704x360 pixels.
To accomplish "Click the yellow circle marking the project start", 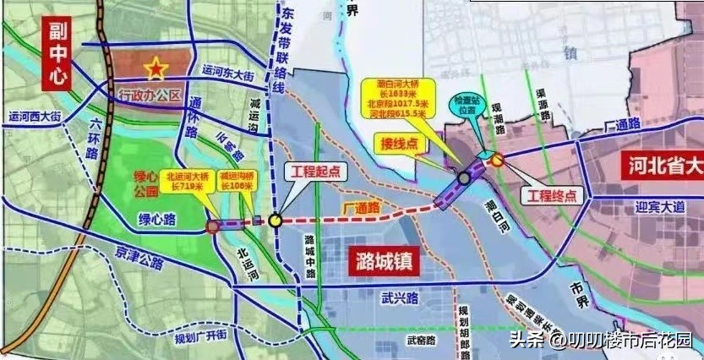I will (276, 221).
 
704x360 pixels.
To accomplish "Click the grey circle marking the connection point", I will (464, 178).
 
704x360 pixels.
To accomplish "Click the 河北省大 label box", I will (660, 166).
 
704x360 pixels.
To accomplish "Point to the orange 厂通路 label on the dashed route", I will (360, 207).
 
